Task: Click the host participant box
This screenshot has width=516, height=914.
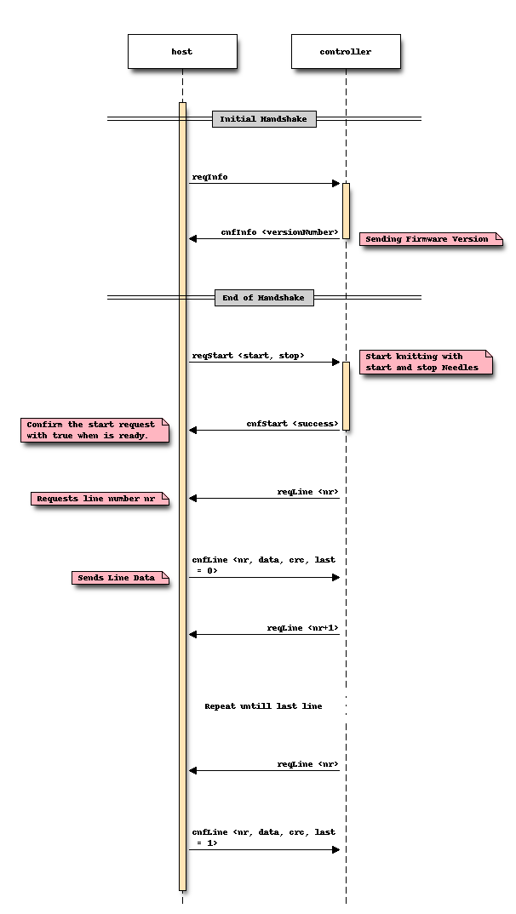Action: point(182,52)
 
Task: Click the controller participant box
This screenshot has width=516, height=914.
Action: point(346,52)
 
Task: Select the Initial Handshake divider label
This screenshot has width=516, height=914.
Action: point(264,119)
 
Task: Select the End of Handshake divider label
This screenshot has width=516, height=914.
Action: point(264,298)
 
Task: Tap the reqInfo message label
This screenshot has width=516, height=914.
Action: point(209,177)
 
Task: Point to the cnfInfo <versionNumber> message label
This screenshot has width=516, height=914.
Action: point(280,232)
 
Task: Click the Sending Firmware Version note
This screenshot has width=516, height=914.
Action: point(427,239)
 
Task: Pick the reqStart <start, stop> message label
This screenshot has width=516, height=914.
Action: point(249,356)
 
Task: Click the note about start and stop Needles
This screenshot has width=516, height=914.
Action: point(425,362)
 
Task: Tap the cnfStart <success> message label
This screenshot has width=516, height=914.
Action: point(293,424)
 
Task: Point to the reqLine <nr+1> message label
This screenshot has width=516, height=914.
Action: point(303,628)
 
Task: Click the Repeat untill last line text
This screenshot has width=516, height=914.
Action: point(263,706)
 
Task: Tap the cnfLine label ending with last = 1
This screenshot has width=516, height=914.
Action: point(263,837)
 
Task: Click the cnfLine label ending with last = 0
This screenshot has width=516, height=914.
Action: point(263,565)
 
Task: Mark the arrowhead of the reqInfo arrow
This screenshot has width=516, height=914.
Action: point(336,183)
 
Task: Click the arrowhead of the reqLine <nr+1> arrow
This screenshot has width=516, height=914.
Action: point(193,634)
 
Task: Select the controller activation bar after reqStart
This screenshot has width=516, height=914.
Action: point(346,396)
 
